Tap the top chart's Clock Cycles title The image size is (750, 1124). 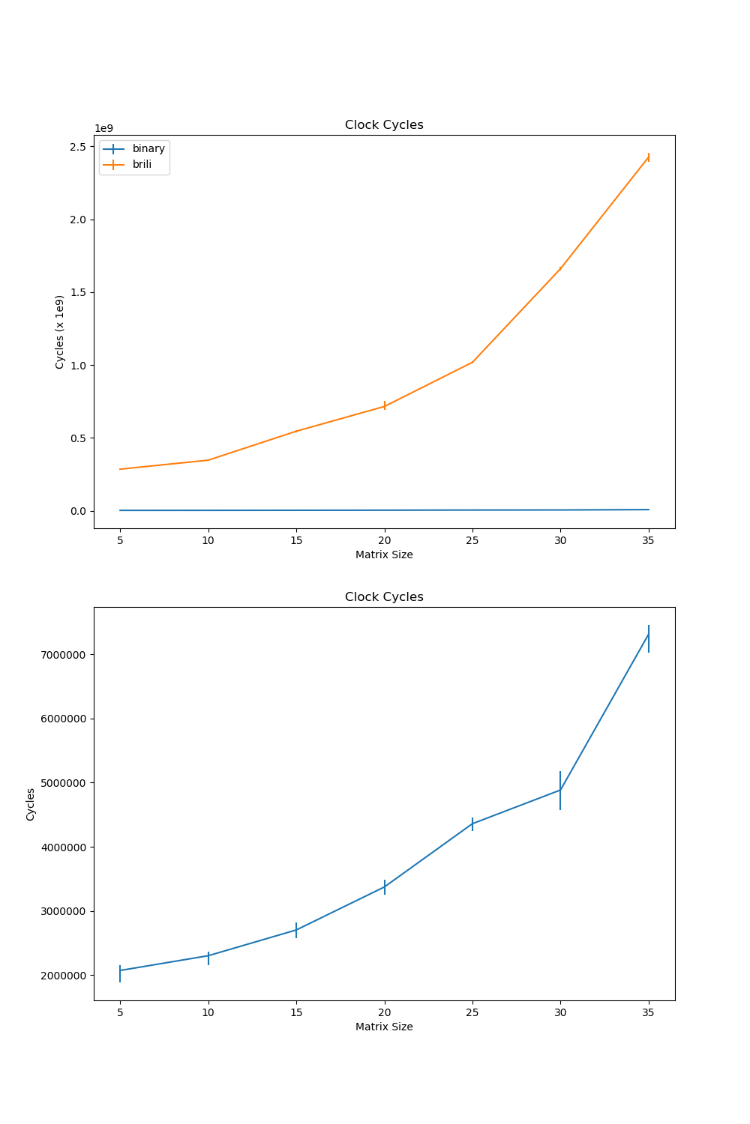tap(384, 125)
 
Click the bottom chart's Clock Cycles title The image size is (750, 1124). tap(384, 597)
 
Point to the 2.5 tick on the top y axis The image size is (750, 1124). tap(77, 147)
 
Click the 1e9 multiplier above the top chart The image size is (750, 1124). tap(103, 128)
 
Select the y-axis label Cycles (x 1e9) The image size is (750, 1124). tap(60, 331)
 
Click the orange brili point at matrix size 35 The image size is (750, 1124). tap(649, 157)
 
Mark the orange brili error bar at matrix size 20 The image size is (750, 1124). tap(385, 405)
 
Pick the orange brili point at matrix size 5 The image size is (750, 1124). tap(120, 469)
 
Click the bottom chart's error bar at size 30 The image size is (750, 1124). tap(560, 790)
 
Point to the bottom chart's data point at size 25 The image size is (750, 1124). tap(472, 824)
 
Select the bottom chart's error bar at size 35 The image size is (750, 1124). tap(649, 638)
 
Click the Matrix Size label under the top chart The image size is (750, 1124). tap(384, 555)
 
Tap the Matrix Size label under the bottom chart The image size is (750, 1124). tap(384, 1027)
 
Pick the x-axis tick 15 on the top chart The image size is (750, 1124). tap(296, 540)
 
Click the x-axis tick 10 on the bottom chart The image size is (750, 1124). tap(208, 1012)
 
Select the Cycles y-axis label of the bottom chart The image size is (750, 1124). tap(31, 804)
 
